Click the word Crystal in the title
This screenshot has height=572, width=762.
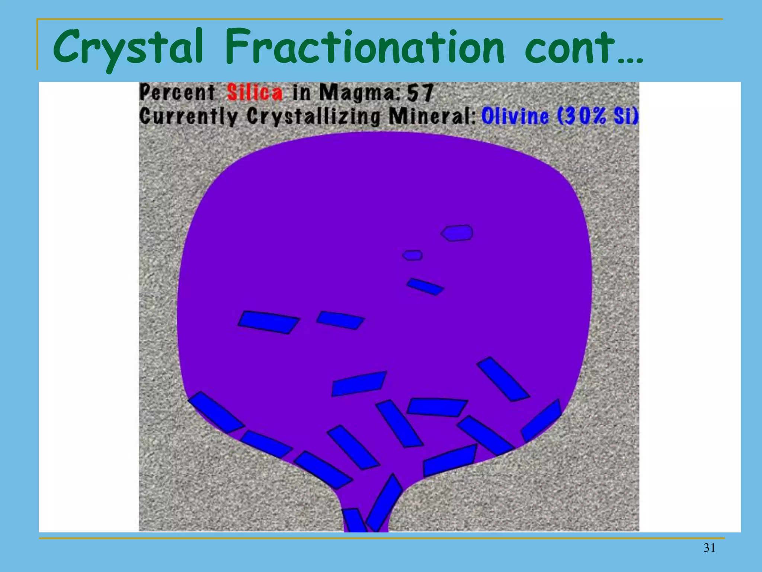click(x=128, y=48)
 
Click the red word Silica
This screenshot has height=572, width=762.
click(x=255, y=92)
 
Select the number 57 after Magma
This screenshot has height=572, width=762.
click(x=420, y=92)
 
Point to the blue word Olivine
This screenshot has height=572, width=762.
click(x=515, y=116)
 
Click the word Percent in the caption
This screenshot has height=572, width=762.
click(x=177, y=92)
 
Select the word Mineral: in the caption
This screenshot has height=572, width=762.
click(x=432, y=117)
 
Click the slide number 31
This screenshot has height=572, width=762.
click(x=709, y=548)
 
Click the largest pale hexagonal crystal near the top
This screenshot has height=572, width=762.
click(x=457, y=233)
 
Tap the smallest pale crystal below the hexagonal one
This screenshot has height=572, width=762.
click(x=413, y=255)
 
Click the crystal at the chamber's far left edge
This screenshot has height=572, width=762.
click(x=216, y=412)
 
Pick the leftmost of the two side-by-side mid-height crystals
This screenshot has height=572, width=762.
click(x=268, y=322)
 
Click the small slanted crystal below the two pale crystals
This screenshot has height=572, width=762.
click(x=425, y=286)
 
